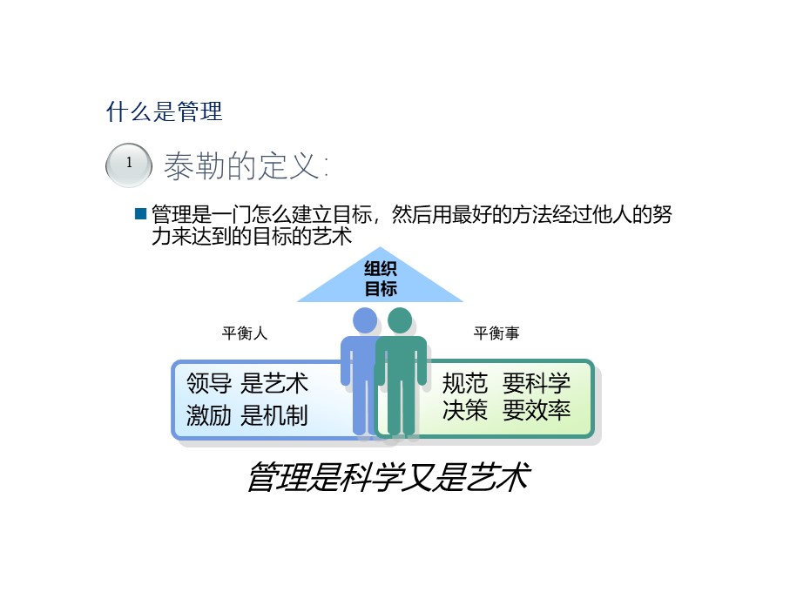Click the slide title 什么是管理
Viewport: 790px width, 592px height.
pos(164,112)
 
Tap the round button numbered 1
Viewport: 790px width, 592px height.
pos(129,164)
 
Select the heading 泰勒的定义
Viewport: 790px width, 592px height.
pos(246,166)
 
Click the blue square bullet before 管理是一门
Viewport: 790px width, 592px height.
pos(141,213)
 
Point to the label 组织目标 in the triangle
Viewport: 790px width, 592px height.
pos(380,279)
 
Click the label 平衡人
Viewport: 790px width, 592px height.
pos(245,333)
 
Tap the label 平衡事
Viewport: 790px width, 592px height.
pos(496,333)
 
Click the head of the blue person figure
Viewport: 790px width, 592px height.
pos(365,320)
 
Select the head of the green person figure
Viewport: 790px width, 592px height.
pos(400,320)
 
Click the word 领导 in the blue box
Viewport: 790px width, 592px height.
pos(209,384)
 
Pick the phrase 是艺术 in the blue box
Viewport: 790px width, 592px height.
pos(274,384)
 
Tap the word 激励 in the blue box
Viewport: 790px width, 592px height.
pos(209,415)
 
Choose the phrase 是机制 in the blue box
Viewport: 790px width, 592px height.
pos(274,415)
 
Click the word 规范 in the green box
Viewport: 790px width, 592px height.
pos(465,383)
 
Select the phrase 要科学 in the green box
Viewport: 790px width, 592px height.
pos(537,383)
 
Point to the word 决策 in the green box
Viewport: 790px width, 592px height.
pos(465,410)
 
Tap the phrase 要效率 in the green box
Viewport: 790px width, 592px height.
pos(537,410)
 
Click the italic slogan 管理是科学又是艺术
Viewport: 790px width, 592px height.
pos(388,477)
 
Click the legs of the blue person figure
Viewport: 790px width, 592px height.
pos(361,409)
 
